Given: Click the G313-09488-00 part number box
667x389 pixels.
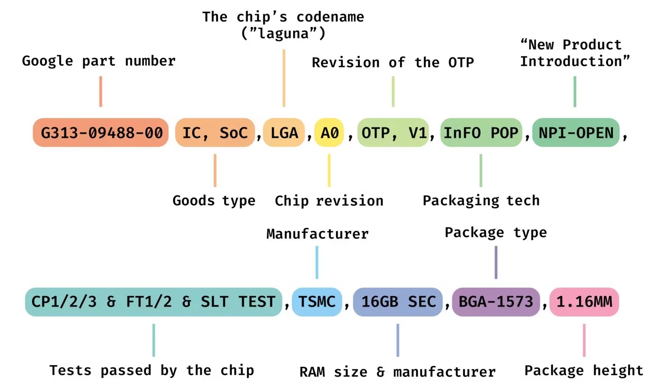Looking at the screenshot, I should (101, 133).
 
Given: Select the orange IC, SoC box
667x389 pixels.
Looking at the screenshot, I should (215, 133).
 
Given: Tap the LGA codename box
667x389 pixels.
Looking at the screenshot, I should (284, 133).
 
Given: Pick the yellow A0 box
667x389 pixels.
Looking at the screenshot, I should (329, 133).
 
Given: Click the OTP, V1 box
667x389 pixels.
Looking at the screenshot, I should (393, 133).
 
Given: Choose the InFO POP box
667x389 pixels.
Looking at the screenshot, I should (481, 133).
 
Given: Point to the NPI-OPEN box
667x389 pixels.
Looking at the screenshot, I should (576, 133).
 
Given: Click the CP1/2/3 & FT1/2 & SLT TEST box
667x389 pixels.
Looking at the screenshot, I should (153, 302).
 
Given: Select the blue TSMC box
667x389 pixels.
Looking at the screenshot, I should (317, 302).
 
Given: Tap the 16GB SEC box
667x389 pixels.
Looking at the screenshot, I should (398, 302).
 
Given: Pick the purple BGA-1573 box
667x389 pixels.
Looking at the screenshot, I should (496, 302).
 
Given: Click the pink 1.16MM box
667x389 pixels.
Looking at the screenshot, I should (584, 302).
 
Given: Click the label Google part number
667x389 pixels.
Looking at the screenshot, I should (99, 61).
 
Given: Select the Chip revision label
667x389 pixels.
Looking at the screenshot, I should (329, 201).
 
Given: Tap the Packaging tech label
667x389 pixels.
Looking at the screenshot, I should (481, 201).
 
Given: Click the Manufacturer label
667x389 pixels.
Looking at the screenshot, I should (317, 234).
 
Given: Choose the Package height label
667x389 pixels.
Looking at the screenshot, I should (584, 371).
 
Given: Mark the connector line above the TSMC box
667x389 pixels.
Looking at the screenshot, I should (317, 262).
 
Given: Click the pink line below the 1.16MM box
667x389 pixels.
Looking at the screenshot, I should (584, 340).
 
